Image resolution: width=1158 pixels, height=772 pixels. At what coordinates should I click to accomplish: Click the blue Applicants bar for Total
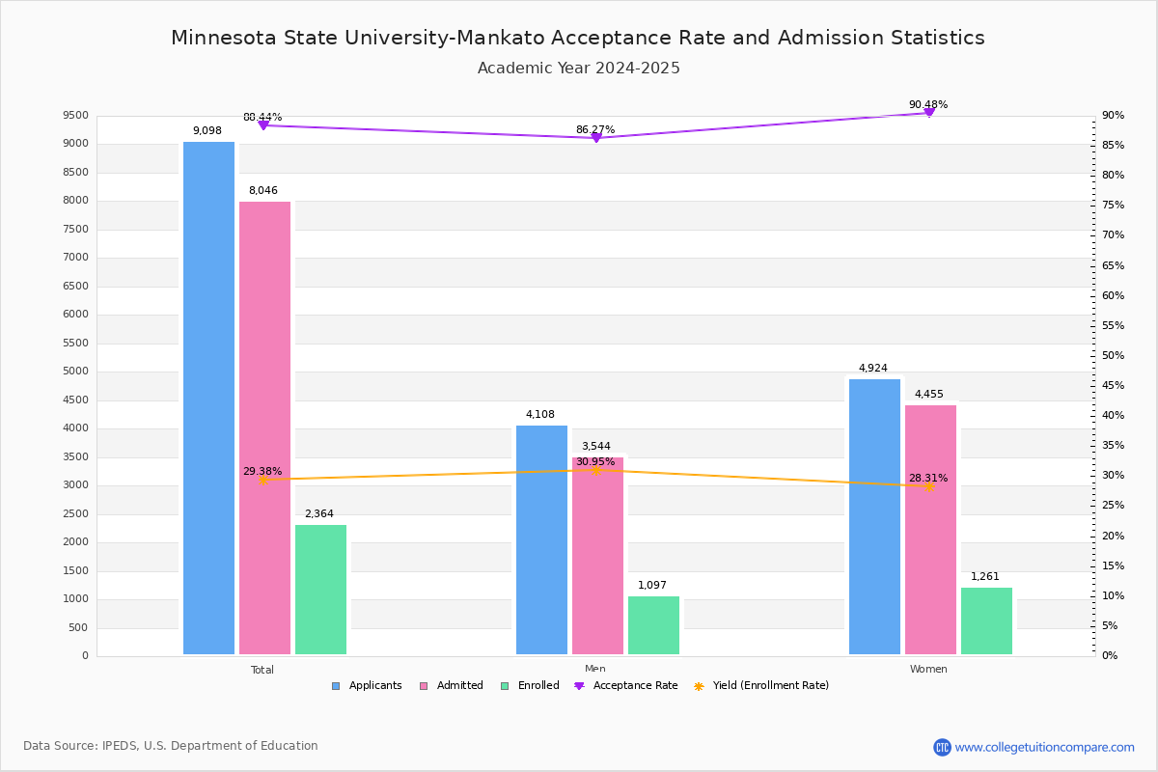pos(208,398)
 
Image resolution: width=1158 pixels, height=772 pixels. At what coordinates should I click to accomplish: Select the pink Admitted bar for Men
pos(597,556)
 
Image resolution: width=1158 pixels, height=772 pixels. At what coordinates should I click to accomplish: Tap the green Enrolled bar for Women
pos(986,620)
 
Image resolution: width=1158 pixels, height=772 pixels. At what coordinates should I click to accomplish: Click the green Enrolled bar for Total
pos(320,590)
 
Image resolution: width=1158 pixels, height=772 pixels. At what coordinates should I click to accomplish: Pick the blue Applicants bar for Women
pos(874,516)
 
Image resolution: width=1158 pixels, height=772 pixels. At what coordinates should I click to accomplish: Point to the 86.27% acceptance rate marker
pos(595,138)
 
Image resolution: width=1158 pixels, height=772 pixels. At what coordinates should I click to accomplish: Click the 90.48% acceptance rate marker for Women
pos(928,113)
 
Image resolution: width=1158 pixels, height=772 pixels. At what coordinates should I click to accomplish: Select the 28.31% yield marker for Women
pos(928,486)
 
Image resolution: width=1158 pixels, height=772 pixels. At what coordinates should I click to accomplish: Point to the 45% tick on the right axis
pos(1113,386)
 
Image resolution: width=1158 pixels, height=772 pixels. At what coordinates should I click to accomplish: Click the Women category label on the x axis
pos(928,670)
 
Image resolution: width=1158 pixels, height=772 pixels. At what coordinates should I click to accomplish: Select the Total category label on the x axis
pos(262,670)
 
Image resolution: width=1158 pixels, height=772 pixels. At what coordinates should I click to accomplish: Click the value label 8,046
pos(262,191)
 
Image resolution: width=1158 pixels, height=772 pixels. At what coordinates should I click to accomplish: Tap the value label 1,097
pos(652,586)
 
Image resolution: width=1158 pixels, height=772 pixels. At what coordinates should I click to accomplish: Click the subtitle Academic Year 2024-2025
pos(578,69)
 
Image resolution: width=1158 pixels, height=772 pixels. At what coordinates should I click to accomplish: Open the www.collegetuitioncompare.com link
pos(1044,747)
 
